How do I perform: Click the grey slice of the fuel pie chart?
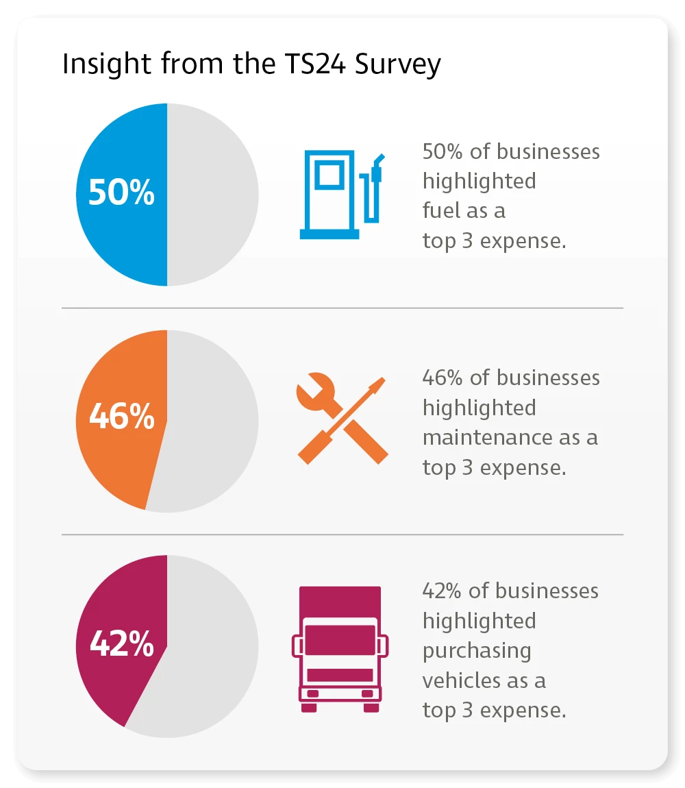point(212,195)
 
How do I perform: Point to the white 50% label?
point(122,194)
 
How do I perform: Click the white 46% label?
point(122,417)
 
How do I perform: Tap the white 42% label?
point(122,644)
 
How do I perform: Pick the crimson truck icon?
point(340,648)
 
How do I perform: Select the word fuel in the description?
point(440,210)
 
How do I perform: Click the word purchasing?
point(477,651)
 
